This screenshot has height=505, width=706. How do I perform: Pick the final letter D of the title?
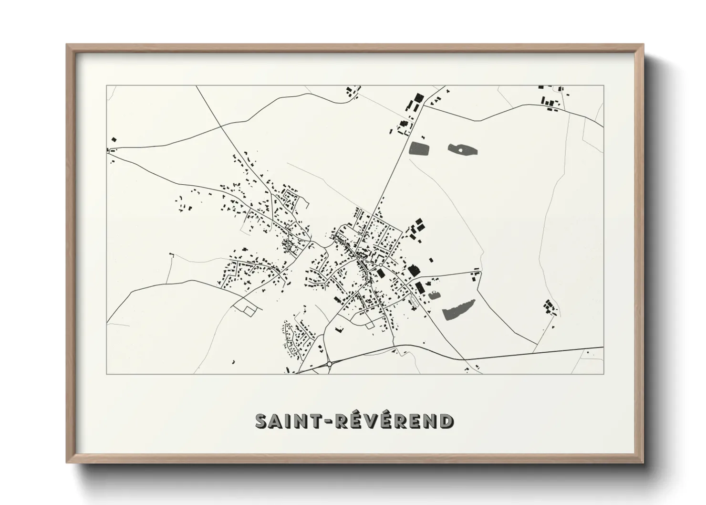tap(446, 421)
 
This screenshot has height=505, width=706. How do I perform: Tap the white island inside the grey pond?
tap(460, 150)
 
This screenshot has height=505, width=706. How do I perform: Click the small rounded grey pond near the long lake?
tap(434, 295)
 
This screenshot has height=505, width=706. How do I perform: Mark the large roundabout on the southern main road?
tap(330, 365)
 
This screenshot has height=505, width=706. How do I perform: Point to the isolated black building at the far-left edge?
tap(114, 139)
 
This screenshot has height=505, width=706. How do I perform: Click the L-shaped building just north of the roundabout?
tap(339, 328)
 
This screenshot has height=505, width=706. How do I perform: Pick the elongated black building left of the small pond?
tap(420, 288)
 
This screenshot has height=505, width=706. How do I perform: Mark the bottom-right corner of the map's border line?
tap(603, 374)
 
